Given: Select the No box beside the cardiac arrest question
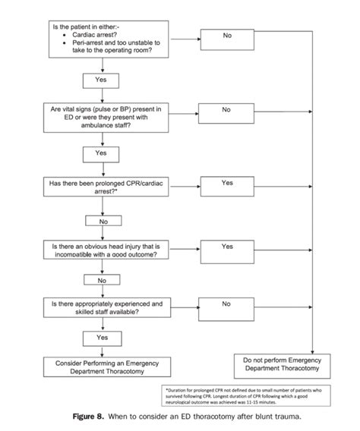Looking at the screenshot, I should coord(227,36).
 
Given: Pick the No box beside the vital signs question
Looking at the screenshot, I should coord(227,110).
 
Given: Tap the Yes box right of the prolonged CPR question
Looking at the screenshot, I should coord(227,183).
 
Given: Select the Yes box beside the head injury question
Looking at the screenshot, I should coord(227,247).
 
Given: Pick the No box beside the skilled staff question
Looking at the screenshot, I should coord(227,304).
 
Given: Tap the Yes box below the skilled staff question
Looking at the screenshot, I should coord(101,336).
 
